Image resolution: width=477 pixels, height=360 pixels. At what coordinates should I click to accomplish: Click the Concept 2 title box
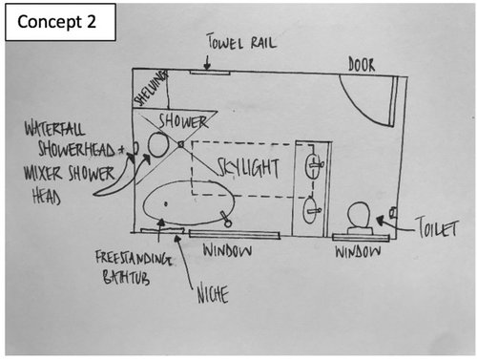pyautogui.click(x=60, y=22)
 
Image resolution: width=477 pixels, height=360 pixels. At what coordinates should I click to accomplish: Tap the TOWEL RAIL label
pyautogui.click(x=241, y=42)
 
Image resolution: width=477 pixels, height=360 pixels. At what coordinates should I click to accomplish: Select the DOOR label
pyautogui.click(x=362, y=65)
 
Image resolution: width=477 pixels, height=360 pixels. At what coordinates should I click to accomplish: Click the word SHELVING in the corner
pyautogui.click(x=151, y=88)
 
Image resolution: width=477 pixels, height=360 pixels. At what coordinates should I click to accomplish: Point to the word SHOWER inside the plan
pyautogui.click(x=183, y=121)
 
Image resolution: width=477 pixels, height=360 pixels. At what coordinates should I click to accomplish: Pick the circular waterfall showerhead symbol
pyautogui.click(x=158, y=145)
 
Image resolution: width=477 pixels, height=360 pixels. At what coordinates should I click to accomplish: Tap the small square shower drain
pyautogui.click(x=181, y=144)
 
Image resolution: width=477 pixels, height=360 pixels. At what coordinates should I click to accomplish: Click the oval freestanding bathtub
pyautogui.click(x=189, y=202)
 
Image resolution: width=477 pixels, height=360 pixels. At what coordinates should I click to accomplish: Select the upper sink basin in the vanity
pyautogui.click(x=313, y=165)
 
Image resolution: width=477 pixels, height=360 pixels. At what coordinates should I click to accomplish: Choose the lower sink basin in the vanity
pyautogui.click(x=311, y=210)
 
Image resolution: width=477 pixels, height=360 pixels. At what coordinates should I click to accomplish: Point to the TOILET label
pyautogui.click(x=437, y=227)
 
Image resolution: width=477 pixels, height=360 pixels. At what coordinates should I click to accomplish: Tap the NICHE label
pyautogui.click(x=213, y=295)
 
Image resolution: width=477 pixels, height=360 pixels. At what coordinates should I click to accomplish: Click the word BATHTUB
pyautogui.click(x=126, y=277)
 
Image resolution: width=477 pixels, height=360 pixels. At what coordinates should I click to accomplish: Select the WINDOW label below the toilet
pyautogui.click(x=358, y=252)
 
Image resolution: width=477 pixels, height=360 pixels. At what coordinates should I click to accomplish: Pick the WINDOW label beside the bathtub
pyautogui.click(x=228, y=251)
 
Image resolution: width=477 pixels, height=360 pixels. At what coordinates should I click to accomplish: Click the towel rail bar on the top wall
pyautogui.click(x=210, y=74)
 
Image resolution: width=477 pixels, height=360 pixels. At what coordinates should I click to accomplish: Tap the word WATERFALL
pyautogui.click(x=55, y=129)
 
